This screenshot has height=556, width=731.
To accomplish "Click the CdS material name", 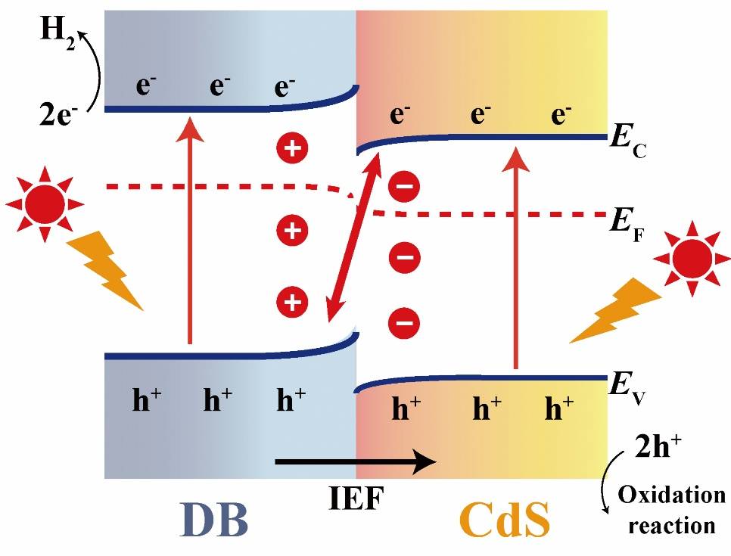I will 505,520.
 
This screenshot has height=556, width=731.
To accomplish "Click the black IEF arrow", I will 356,461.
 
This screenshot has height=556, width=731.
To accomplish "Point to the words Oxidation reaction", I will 671,509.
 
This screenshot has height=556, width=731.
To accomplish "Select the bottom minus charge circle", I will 403,324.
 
